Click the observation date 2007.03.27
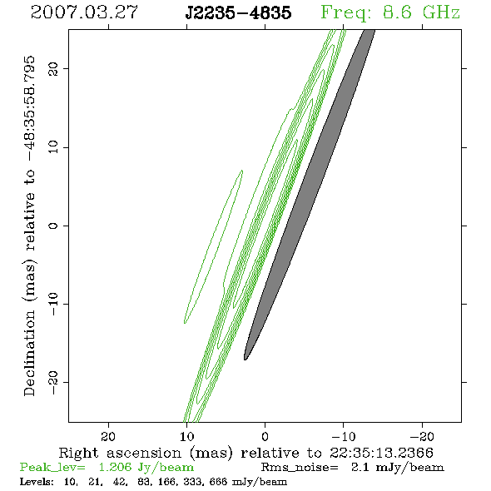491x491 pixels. click(x=84, y=12)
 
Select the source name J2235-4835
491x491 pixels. click(x=238, y=12)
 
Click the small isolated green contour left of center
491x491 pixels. click(x=214, y=247)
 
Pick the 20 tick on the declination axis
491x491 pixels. click(x=53, y=68)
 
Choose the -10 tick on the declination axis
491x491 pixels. click(x=53, y=304)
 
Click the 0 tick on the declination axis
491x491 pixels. click(x=53, y=226)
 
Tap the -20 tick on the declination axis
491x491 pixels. click(x=53, y=382)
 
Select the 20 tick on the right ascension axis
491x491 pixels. click(x=108, y=437)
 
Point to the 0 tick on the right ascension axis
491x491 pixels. click(x=265, y=437)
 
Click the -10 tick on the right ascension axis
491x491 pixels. click(x=344, y=437)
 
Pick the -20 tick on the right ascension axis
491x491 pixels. click(x=422, y=437)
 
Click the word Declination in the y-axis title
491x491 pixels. click(x=29, y=354)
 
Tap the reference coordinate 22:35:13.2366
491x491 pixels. click(x=381, y=453)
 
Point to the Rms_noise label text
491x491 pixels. click(x=300, y=468)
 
